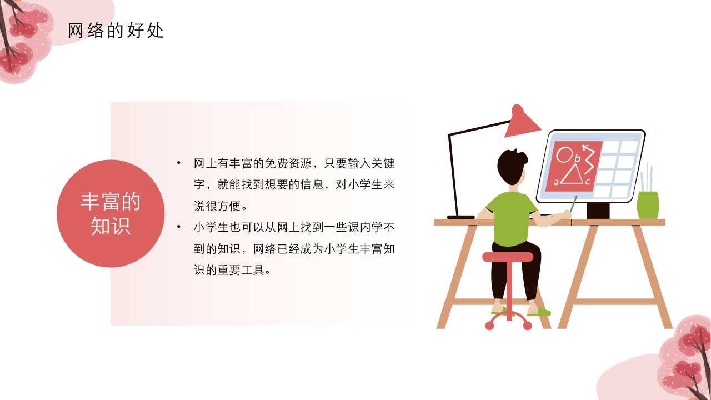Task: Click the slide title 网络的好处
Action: (x=116, y=31)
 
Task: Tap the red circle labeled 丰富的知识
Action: (x=111, y=213)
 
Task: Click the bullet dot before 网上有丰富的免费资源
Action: (x=179, y=163)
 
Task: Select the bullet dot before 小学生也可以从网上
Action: (x=179, y=227)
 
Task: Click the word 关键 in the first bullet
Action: (x=383, y=163)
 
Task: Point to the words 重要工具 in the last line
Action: (x=241, y=270)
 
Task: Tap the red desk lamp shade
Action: (x=521, y=121)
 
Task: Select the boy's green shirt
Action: (x=510, y=219)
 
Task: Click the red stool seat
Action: (x=508, y=257)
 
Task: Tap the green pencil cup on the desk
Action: (x=648, y=205)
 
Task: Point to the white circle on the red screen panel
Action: (x=564, y=154)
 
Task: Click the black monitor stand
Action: (x=598, y=210)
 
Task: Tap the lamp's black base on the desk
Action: (x=461, y=217)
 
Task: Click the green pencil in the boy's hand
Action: (x=573, y=204)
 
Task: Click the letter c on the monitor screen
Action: (x=588, y=182)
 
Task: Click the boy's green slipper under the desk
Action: (x=539, y=312)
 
